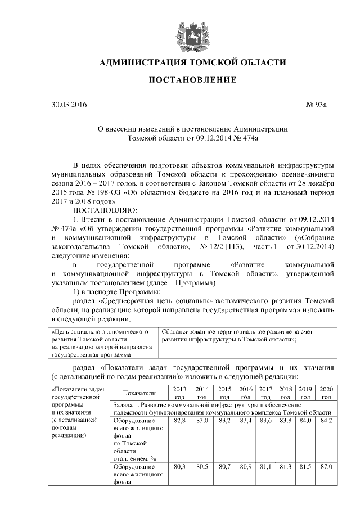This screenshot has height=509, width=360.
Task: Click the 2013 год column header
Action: pyautogui.click(x=180, y=393)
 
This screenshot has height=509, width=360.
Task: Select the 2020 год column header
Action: pyautogui.click(x=326, y=393)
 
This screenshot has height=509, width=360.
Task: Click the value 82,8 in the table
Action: pyautogui.click(x=180, y=420)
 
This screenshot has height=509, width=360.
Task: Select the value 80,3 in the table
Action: pyautogui.click(x=180, y=467)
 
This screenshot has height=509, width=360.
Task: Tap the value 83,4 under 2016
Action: pyautogui.click(x=246, y=420)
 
